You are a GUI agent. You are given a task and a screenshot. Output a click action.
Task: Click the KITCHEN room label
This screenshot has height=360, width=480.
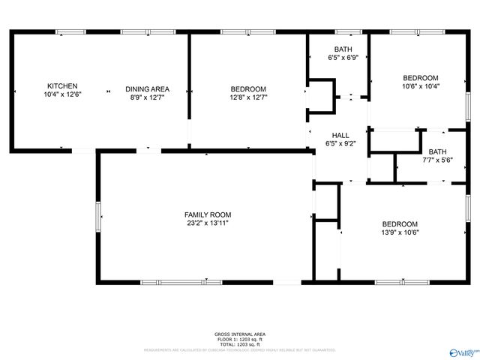[x=62, y=86]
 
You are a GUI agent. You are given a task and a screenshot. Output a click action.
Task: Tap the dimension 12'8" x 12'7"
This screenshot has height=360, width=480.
[x=248, y=97]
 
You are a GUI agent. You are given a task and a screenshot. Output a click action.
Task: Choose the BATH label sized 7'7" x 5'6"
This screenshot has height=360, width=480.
[x=437, y=151]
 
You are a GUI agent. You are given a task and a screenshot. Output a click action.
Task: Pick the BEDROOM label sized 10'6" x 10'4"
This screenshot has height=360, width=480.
[x=420, y=77]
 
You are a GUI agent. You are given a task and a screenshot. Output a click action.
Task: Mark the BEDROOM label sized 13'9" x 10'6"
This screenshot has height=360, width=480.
[x=400, y=223]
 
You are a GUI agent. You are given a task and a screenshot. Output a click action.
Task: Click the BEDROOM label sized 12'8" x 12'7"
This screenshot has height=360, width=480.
[x=248, y=88]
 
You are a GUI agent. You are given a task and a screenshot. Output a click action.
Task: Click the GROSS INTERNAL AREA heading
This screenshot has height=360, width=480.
[x=239, y=334]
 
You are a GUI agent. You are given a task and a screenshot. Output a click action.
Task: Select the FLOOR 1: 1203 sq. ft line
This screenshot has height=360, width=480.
[x=239, y=338]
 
